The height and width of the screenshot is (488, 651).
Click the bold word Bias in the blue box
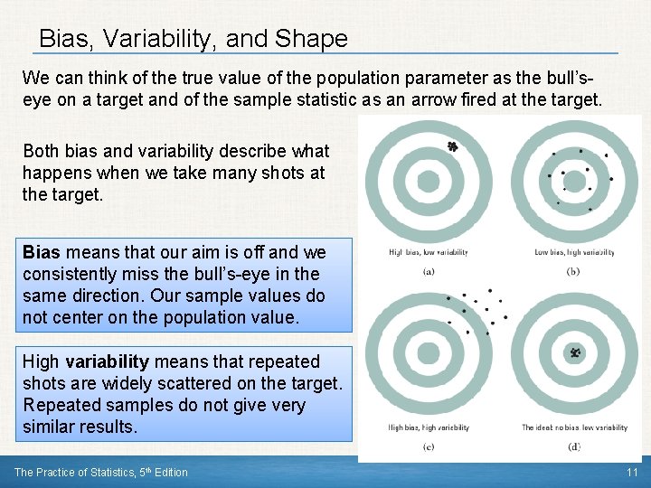41,252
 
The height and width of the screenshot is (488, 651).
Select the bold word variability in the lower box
107,362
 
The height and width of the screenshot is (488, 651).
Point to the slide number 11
632,473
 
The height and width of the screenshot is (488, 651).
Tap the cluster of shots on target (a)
453,146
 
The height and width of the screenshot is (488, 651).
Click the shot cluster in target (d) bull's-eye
573,352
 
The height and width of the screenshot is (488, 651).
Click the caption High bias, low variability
428,252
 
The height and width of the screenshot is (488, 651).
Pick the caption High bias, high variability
428,427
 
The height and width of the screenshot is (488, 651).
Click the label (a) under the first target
428,271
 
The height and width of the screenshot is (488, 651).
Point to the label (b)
573,271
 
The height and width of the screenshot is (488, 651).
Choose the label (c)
428,446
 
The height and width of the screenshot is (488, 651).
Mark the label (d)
573,446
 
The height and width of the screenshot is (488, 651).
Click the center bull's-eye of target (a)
428,182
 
